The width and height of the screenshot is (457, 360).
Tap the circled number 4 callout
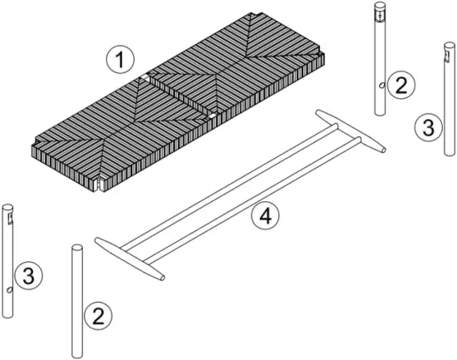click(x=264, y=216)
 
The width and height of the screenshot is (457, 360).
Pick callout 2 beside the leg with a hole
click(x=401, y=84)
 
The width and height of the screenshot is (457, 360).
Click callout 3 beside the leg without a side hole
click(x=425, y=127)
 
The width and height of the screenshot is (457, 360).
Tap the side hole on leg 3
click(x=8, y=289)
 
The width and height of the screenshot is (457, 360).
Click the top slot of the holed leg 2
click(x=380, y=15)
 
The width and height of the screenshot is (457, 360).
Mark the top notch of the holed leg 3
click(x=9, y=217)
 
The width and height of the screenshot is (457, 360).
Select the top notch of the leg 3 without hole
click(x=446, y=57)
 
